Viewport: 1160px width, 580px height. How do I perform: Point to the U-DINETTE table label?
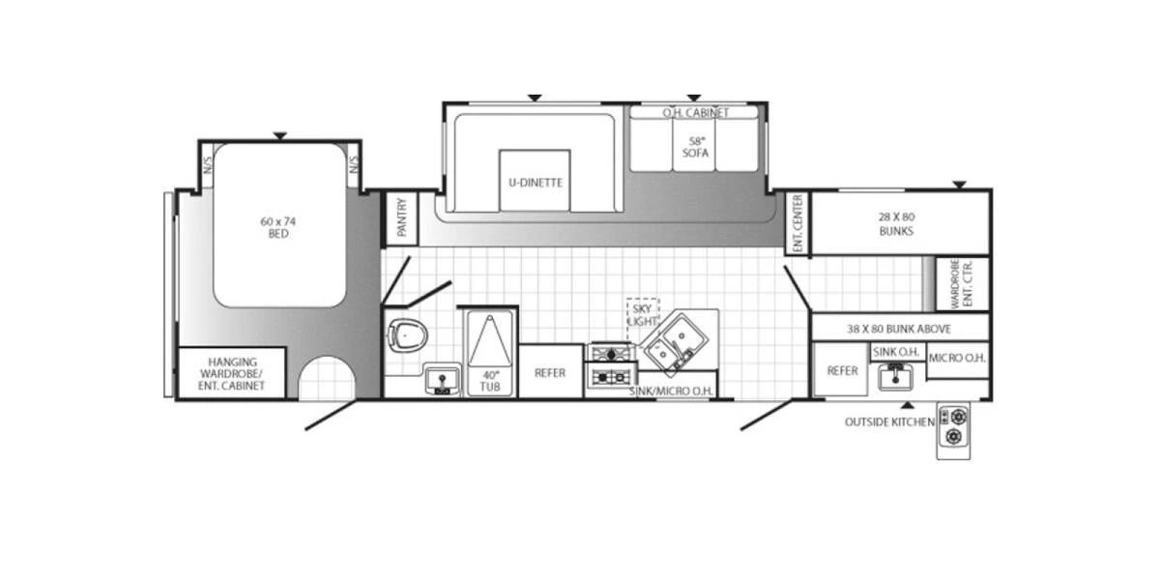535,182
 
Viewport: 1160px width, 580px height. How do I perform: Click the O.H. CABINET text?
696,113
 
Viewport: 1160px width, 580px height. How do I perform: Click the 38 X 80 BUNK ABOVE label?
899,328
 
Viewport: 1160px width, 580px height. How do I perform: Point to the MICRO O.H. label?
957,359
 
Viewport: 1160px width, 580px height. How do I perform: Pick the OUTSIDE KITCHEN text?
889,421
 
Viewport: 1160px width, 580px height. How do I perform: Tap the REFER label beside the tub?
550,372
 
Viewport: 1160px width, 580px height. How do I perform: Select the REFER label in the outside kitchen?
842,370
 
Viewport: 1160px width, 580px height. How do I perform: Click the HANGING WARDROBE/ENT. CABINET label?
231,373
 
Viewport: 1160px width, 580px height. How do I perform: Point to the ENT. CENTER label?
798,223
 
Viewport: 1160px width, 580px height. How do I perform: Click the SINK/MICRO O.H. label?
670,391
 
